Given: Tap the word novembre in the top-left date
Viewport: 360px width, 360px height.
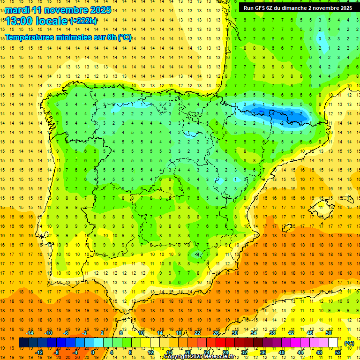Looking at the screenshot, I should click(63, 10).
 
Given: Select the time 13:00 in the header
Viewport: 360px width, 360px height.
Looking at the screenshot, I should click(20, 21).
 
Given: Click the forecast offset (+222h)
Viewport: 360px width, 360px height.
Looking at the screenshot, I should click(83, 21).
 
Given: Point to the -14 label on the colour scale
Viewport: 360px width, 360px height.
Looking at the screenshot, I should click(30, 333).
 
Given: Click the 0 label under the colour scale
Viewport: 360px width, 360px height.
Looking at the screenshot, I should click(93, 352).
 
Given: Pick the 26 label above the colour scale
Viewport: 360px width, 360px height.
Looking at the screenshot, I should click(216, 333).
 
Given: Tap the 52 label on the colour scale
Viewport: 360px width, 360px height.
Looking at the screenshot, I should click(338, 352).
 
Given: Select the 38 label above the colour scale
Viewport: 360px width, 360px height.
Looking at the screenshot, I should click(272, 333).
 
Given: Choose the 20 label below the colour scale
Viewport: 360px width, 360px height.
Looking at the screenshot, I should click(187, 352).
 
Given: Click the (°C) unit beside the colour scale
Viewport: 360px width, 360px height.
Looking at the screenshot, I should click(349, 343).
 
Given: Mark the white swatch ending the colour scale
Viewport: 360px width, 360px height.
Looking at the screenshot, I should click(333, 343).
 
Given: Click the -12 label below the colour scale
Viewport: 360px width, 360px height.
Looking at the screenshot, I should click(39, 352).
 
